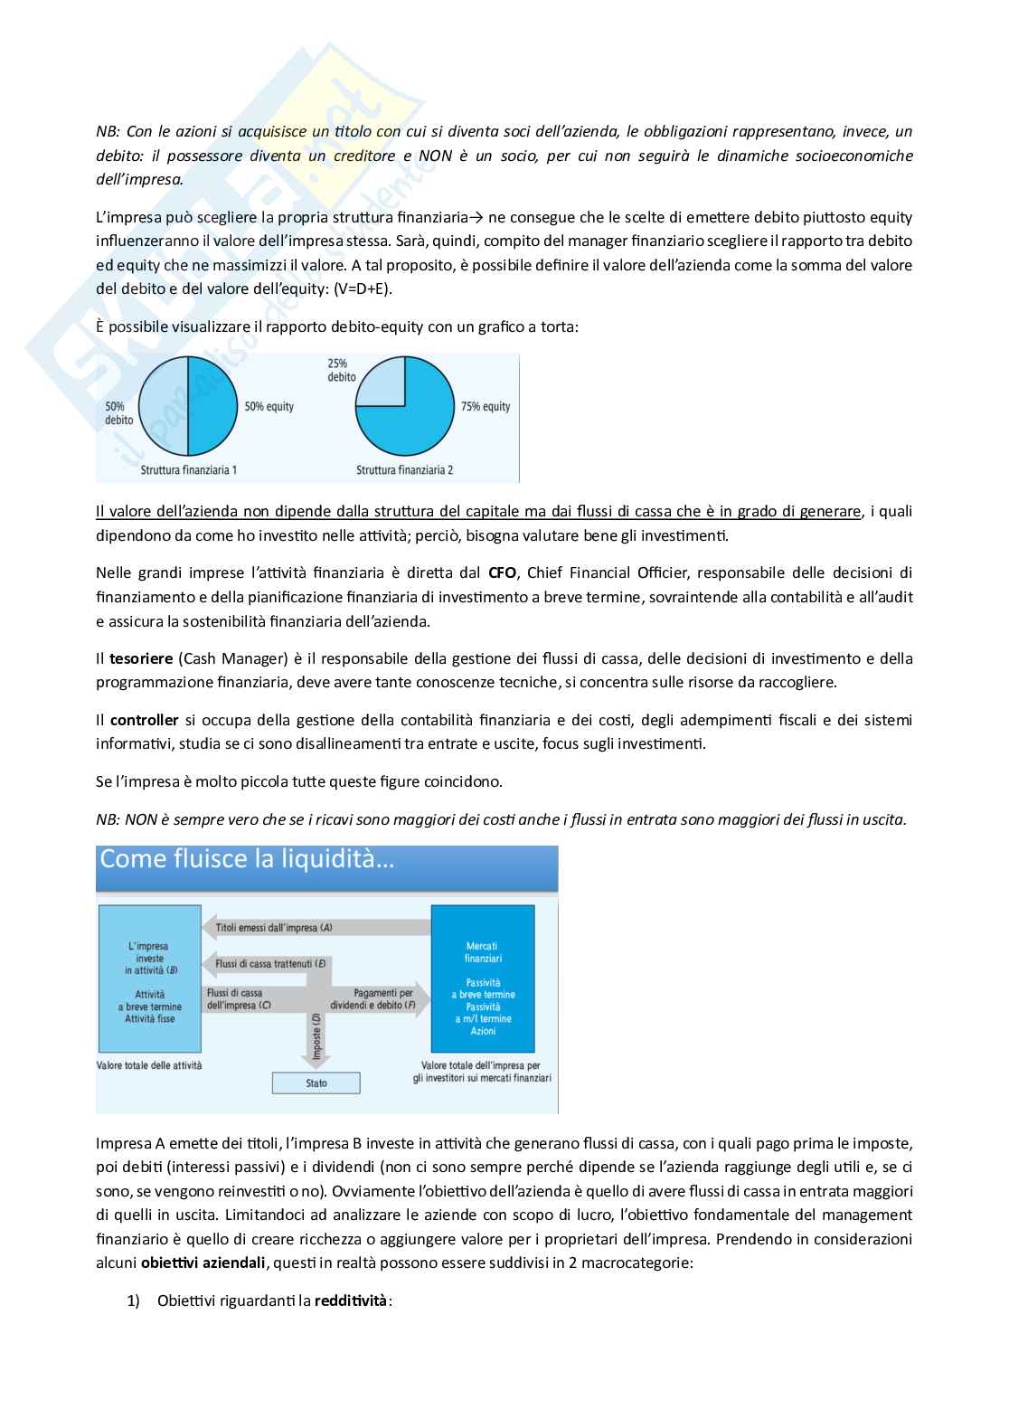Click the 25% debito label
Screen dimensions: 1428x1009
[341, 370]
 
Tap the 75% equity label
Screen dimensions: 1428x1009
[486, 407]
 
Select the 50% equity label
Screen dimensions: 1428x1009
[269, 407]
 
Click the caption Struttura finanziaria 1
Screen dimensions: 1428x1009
[189, 470]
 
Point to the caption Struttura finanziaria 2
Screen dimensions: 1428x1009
[404, 470]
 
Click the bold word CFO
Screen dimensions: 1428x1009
[502, 572]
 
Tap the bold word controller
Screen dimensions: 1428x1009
[144, 720]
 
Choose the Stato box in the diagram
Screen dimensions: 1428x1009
[316, 1083]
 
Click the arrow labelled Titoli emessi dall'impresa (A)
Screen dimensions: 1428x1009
[316, 928]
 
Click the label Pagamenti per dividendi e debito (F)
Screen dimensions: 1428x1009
[384, 998]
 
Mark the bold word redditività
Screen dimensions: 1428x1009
[351, 1300]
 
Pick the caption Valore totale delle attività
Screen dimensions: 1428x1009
[149, 1065]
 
